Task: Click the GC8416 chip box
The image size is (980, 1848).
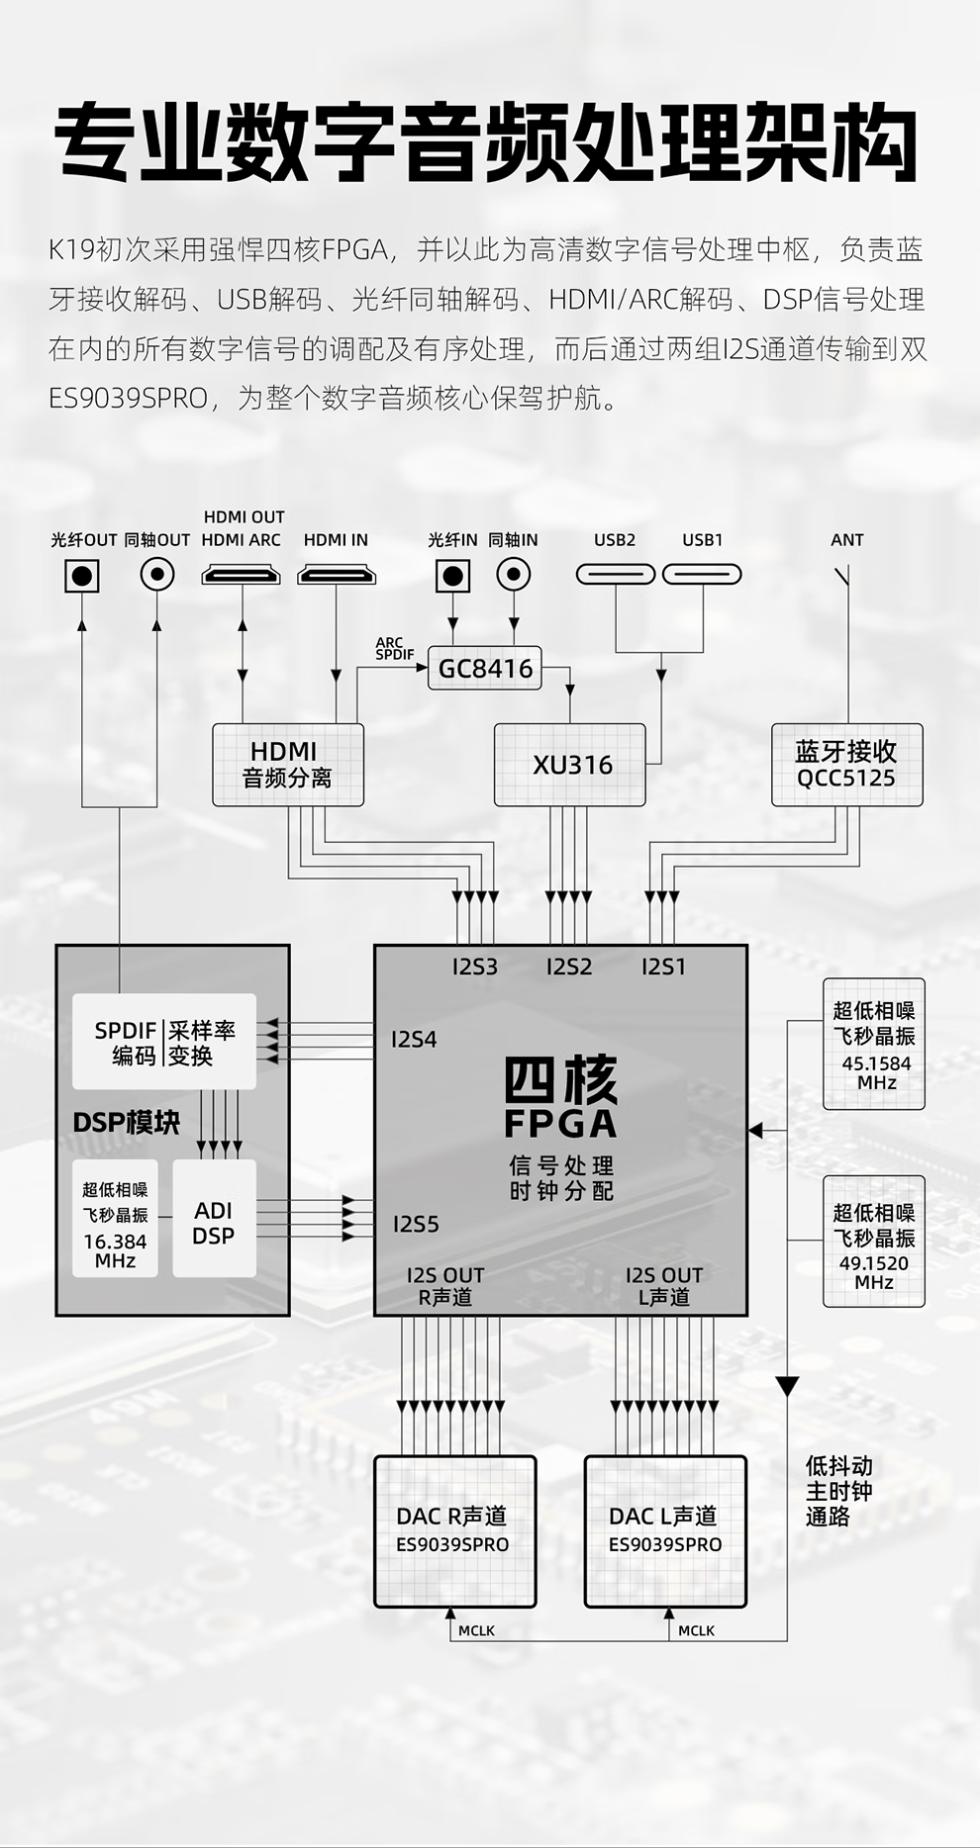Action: tap(485, 669)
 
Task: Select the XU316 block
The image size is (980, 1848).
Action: tap(570, 765)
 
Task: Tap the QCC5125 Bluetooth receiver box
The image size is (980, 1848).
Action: tap(846, 765)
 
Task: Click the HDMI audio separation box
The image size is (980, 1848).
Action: tap(288, 765)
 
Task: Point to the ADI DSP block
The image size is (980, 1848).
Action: tap(214, 1223)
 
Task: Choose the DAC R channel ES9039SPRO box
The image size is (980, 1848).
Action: tap(454, 1530)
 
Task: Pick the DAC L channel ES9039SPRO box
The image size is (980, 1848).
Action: tap(665, 1530)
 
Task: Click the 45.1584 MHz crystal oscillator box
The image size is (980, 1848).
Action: tap(874, 1045)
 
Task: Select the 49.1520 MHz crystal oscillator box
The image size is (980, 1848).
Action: tap(874, 1241)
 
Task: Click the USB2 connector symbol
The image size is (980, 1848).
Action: tap(616, 575)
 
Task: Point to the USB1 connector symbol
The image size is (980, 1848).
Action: tap(702, 575)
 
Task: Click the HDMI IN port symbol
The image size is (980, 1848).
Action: tap(337, 575)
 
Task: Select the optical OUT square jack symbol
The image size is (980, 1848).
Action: tap(82, 575)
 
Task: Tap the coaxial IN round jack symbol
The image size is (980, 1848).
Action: tap(513, 574)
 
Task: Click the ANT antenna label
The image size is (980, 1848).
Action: tap(846, 540)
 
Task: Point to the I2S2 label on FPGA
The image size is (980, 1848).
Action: tap(569, 968)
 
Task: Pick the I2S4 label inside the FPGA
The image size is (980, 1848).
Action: tap(414, 1040)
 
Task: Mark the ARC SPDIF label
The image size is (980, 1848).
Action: tap(394, 649)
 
